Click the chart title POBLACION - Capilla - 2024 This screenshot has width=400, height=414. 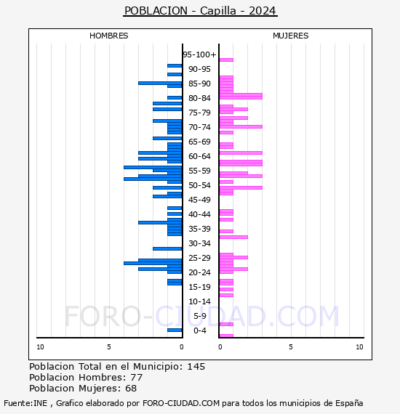tap(200, 11)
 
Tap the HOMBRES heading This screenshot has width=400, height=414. tap(109, 36)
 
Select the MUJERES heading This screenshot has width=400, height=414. tap(290, 36)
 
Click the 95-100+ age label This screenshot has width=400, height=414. tap(199, 54)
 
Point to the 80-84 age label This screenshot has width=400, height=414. tap(199, 98)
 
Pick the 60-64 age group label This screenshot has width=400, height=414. tap(199, 156)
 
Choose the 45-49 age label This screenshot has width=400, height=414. tap(199, 200)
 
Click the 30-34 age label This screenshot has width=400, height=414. tap(199, 243)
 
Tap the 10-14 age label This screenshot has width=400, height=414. tap(199, 301)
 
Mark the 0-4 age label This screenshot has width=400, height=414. tap(199, 330)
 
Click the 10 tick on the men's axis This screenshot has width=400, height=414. tap(40, 347)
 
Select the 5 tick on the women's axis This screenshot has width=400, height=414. tap(290, 347)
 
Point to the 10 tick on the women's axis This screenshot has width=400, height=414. tap(359, 347)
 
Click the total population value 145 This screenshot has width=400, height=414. tap(196, 367)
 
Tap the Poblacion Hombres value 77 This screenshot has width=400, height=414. tap(136, 378)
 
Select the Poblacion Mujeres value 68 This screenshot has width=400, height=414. tap(130, 389)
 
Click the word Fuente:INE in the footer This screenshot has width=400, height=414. tap(23, 403)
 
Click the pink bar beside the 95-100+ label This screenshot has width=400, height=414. tap(226, 60)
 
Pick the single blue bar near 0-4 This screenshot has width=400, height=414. tap(175, 330)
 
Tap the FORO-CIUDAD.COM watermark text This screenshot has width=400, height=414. tap(201, 317)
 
